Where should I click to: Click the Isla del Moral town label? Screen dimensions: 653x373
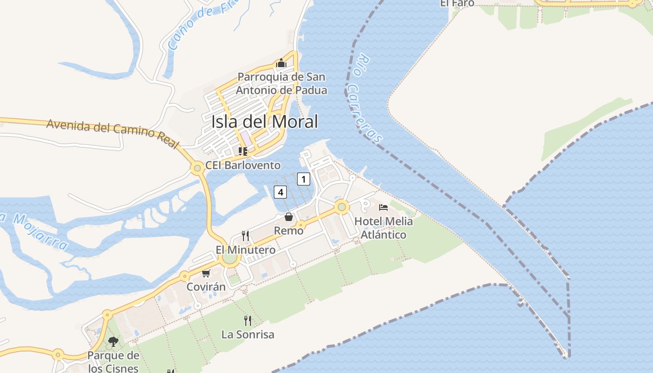[x=264, y=122]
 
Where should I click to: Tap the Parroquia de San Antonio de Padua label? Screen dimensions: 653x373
[x=281, y=83]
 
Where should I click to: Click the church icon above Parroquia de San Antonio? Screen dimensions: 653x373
[x=281, y=63]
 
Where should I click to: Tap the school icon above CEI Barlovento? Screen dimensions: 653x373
[x=243, y=151]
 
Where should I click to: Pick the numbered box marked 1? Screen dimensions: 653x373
[x=304, y=179]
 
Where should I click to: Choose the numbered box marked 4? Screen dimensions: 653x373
[x=280, y=191]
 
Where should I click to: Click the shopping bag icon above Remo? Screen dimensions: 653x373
[x=289, y=216]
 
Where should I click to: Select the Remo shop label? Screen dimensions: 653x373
[x=289, y=230]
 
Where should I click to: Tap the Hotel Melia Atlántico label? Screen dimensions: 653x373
[x=383, y=228]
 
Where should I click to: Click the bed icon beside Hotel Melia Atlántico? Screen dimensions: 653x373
[x=383, y=207]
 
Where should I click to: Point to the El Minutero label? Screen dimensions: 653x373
[x=245, y=250]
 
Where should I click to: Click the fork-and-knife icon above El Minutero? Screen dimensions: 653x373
[x=245, y=236]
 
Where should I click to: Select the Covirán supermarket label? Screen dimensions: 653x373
[x=206, y=287]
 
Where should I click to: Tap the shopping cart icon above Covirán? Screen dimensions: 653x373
[x=206, y=273]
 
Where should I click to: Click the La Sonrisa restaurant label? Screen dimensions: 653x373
[x=248, y=334]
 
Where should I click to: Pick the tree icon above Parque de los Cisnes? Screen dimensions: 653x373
[x=113, y=342]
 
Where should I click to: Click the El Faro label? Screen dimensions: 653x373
[x=457, y=3]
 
